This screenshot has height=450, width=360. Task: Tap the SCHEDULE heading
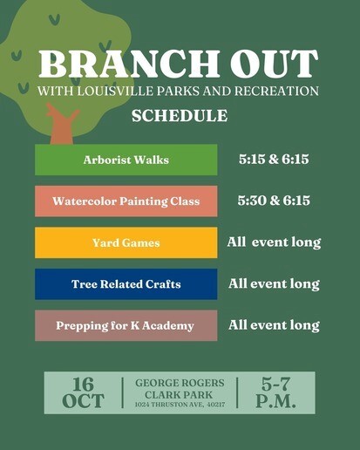179,116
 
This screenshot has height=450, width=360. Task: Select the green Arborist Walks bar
126,160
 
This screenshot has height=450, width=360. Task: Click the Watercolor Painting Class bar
126,201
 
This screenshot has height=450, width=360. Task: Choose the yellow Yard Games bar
126,242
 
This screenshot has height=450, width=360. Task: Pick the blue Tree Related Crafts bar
126,284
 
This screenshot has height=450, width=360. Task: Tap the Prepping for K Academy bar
126,325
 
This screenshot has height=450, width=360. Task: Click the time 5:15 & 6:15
274,160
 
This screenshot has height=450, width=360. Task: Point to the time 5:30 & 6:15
274,201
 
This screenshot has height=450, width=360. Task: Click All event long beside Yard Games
274,242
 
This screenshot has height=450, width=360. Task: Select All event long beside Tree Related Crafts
274,283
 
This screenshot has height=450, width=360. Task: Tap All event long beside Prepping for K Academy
274,325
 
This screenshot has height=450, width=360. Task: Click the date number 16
83,384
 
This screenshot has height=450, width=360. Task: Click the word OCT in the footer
83,401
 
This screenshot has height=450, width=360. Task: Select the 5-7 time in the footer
275,384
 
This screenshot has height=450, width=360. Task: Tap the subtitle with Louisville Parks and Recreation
179,92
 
